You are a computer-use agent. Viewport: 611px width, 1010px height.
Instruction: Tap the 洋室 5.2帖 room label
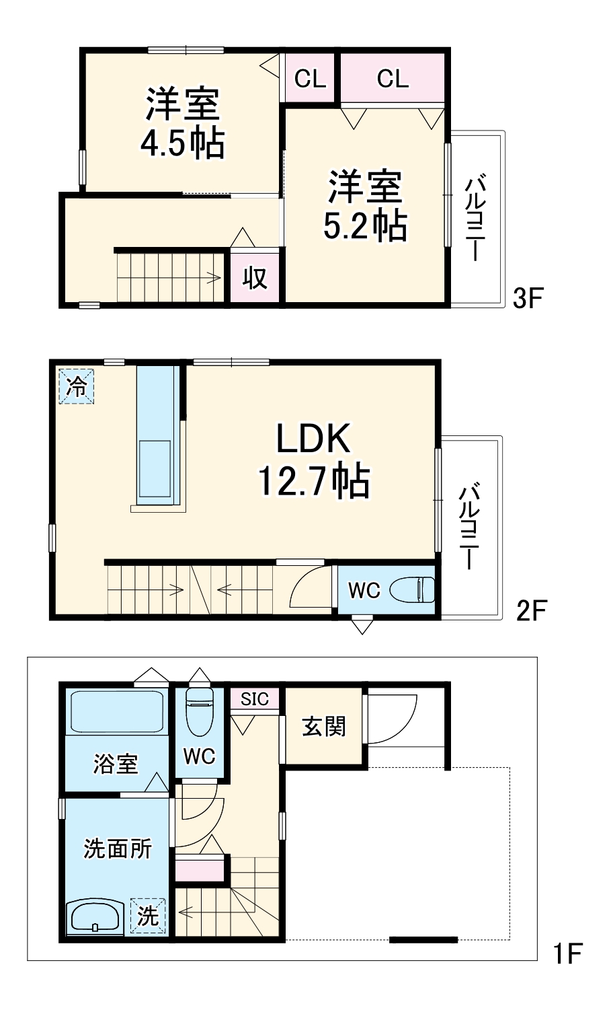click(x=365, y=205)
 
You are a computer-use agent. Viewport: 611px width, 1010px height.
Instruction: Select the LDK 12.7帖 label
click(x=313, y=460)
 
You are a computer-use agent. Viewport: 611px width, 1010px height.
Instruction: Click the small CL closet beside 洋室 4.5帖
click(x=310, y=79)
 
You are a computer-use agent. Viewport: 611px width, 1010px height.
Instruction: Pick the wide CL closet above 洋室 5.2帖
click(x=393, y=79)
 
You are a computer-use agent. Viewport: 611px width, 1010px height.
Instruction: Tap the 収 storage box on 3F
click(x=254, y=277)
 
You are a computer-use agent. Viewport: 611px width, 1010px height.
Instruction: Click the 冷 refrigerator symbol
click(x=77, y=386)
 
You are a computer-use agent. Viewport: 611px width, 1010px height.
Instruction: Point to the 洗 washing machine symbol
click(x=148, y=916)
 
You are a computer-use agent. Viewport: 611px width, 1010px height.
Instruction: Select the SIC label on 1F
click(x=254, y=699)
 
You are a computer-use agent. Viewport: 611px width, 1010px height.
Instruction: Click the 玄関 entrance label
click(x=323, y=727)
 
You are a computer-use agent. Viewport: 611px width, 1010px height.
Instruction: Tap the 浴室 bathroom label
click(x=115, y=764)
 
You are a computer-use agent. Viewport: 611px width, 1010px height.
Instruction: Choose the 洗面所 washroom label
click(x=117, y=849)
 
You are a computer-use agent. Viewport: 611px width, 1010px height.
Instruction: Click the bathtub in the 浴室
click(x=118, y=711)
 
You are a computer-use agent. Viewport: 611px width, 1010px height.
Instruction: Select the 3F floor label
click(x=527, y=297)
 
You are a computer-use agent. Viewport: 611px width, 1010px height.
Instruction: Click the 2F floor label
click(x=531, y=610)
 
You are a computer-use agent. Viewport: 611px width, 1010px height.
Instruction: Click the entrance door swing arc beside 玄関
click(x=393, y=720)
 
